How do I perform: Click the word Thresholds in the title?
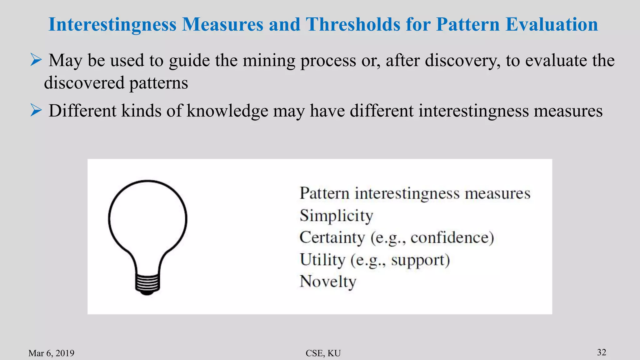click(x=353, y=24)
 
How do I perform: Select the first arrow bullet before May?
click(x=36, y=60)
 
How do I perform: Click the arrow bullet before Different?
click(x=36, y=110)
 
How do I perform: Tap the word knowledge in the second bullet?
click(x=227, y=111)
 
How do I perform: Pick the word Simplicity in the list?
click(x=336, y=216)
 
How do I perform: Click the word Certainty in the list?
click(x=332, y=237)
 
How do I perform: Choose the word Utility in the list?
click(x=322, y=260)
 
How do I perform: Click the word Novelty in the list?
click(x=328, y=282)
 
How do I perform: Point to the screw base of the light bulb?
click(x=147, y=284)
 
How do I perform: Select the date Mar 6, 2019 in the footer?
click(x=51, y=353)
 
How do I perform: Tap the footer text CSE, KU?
click(x=323, y=353)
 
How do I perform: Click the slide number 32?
click(x=602, y=352)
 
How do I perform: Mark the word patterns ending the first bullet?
click(x=158, y=83)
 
